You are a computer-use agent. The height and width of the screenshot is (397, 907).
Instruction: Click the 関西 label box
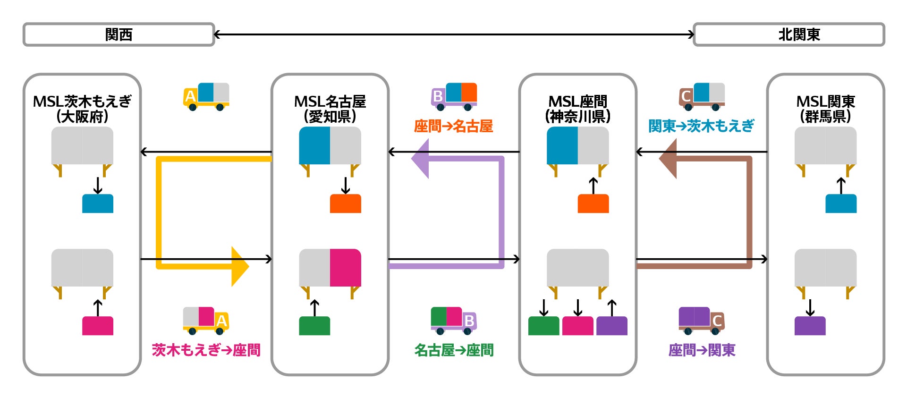coord(119,34)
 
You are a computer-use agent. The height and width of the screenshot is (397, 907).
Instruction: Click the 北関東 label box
coord(788,34)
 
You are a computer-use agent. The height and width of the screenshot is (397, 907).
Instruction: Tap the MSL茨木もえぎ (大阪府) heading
coord(82,109)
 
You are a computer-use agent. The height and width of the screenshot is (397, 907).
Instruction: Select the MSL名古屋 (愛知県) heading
coord(330,109)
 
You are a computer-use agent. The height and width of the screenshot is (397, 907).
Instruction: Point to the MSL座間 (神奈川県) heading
coord(577,109)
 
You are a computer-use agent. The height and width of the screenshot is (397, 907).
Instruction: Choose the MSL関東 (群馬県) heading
coord(825,109)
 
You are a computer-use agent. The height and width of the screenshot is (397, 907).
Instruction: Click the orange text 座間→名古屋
coord(453,126)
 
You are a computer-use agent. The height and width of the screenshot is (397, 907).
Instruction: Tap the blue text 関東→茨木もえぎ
coord(701,126)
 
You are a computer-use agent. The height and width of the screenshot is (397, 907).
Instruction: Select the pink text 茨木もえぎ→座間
coord(206,350)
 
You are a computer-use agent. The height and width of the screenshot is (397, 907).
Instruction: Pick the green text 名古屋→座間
coord(454,350)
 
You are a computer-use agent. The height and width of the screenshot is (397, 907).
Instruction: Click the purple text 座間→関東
coord(702,350)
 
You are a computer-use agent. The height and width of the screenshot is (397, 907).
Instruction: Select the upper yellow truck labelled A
coord(206,97)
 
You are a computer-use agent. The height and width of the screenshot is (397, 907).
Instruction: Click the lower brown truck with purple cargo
coord(701,321)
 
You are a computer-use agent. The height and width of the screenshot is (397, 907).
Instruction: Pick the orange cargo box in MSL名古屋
coord(345,203)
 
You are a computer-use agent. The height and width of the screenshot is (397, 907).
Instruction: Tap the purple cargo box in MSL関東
coord(810,326)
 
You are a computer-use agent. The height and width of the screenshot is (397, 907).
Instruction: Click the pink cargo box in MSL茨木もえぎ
coord(98,326)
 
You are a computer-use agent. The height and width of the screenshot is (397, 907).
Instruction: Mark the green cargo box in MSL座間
coord(543,326)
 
